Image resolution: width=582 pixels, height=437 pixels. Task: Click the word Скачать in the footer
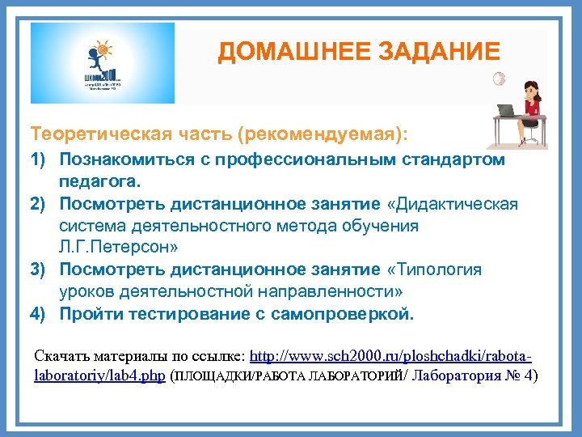62,356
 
